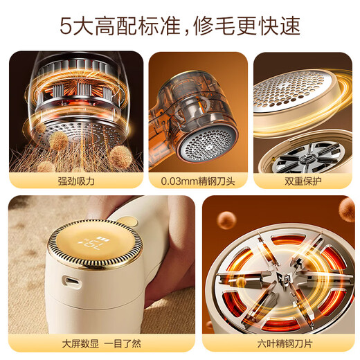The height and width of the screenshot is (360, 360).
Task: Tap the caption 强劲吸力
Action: tap(76, 181)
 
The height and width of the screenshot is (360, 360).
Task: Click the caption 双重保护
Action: tap(304, 181)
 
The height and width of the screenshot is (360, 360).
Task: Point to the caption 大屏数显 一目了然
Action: tap(101, 343)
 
